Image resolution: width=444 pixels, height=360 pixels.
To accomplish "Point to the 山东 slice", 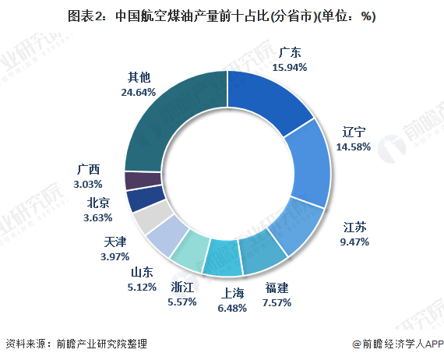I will tap(166, 238).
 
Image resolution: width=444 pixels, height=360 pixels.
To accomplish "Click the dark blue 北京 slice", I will tap(140, 199).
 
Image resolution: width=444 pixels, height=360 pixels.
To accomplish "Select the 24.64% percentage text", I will tap(138, 92).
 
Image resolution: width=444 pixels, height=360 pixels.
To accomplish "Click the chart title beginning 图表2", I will tap(221, 16).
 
